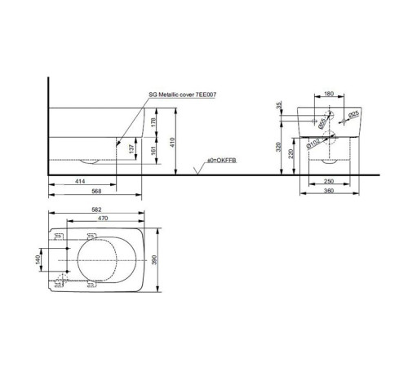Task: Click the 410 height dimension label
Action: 172,143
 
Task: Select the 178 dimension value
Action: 153,122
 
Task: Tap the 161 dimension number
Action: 153,151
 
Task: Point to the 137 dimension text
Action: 131,148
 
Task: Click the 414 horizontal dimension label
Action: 80,181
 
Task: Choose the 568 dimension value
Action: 96,191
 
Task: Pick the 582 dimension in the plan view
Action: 96,210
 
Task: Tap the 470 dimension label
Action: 103,218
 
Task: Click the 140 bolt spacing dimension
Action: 38,259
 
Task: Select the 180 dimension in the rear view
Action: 329,94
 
